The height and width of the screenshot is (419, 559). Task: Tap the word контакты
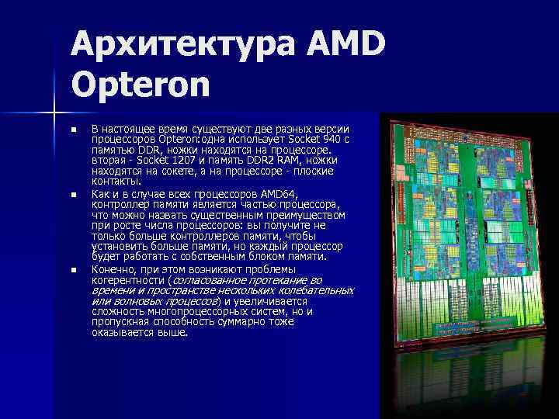point(116,182)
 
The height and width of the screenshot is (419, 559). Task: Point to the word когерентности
point(127,279)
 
